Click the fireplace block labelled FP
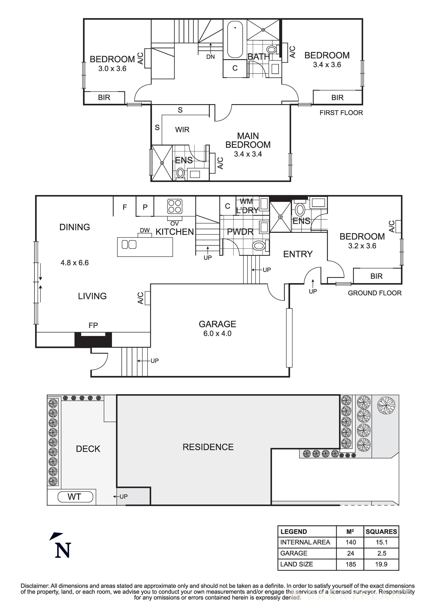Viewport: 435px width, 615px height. coord(93,339)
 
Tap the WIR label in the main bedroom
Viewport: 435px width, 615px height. coord(182,130)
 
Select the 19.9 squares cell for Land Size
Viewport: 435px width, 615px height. coord(381,564)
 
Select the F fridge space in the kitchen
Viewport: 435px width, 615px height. coord(125,207)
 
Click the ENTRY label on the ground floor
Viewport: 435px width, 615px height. coord(298,254)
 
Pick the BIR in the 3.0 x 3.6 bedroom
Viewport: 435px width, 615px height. coord(104,97)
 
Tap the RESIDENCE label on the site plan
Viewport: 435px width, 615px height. coord(208,447)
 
